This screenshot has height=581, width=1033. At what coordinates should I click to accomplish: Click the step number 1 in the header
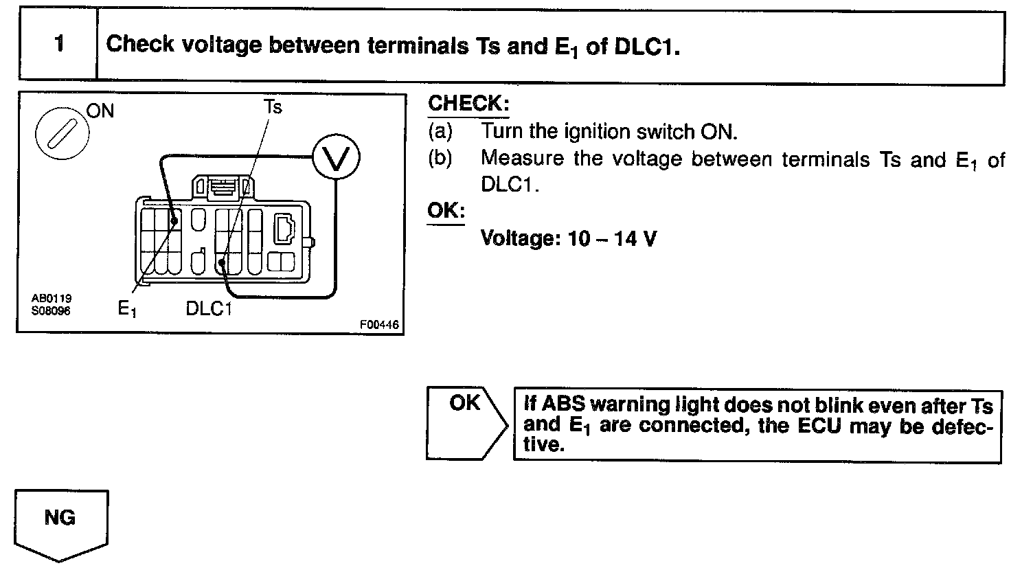pyautogui.click(x=59, y=45)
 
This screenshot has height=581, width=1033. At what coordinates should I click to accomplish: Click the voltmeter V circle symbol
pyautogui.click(x=336, y=159)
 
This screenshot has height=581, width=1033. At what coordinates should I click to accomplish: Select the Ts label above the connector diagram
pyautogui.click(x=273, y=107)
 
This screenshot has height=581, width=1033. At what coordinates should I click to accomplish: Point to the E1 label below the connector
pyautogui.click(x=127, y=309)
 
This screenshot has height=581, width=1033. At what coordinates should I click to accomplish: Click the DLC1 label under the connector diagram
pyautogui.click(x=209, y=309)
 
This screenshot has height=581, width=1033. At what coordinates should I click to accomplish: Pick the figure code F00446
pyautogui.click(x=378, y=325)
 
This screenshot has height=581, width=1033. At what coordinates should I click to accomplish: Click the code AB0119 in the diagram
pyautogui.click(x=52, y=299)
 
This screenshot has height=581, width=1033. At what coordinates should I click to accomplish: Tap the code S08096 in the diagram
pyautogui.click(x=52, y=310)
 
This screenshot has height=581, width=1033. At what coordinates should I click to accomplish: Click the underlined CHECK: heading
pyautogui.click(x=468, y=104)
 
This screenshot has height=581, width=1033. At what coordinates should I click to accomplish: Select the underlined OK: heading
pyautogui.click(x=446, y=211)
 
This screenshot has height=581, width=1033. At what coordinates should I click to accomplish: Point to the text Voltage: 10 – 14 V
pyautogui.click(x=568, y=238)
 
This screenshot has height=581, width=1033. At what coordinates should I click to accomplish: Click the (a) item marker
pyautogui.click(x=440, y=130)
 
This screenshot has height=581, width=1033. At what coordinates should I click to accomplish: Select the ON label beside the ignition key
pyautogui.click(x=100, y=111)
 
